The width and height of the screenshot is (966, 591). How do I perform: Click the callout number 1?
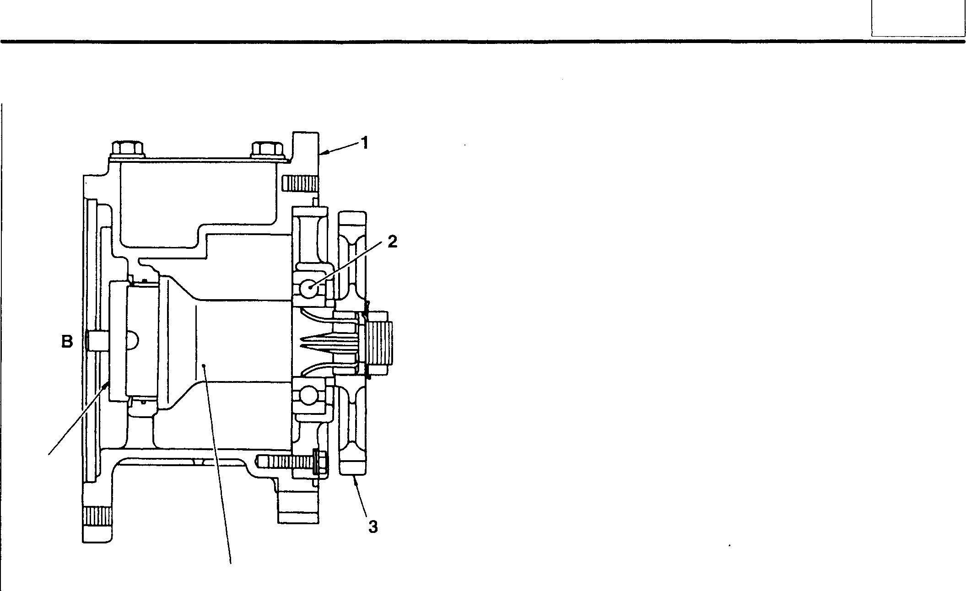365,143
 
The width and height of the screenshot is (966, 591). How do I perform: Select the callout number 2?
392,242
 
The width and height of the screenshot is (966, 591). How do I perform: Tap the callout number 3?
373,527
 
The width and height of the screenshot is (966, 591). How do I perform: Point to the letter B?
67,341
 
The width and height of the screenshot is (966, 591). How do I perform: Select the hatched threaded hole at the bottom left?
97,518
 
